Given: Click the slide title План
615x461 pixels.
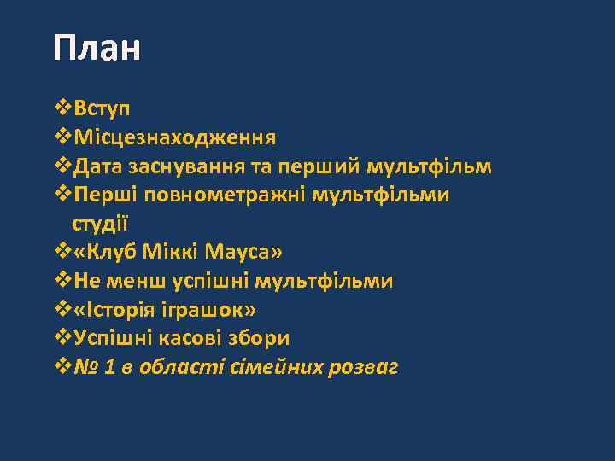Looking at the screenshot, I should tap(96, 49).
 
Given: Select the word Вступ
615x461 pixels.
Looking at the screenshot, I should tap(102, 108).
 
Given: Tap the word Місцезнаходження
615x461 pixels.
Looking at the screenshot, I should tap(174, 137).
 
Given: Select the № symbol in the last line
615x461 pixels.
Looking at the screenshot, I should tap(86, 367).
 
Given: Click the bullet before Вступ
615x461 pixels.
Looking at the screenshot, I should tap(61, 108).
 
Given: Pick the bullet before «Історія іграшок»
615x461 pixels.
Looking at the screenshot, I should tap(61, 310).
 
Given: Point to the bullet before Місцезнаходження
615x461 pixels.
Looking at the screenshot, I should tap(61, 137).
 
